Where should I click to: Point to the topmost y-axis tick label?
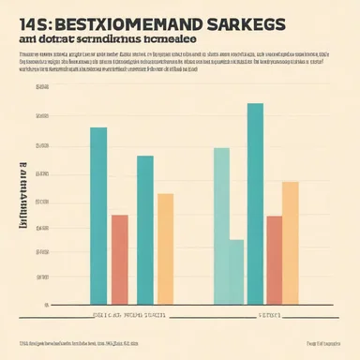40,87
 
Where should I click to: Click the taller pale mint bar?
221,226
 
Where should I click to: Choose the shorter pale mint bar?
236,272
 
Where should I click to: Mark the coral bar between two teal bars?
120,260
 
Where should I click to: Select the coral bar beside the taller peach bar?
274,260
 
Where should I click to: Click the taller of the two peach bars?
291,243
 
